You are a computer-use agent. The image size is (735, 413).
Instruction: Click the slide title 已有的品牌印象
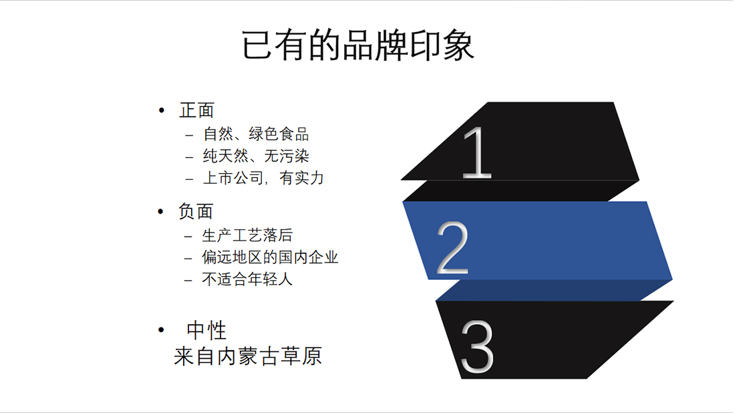357,45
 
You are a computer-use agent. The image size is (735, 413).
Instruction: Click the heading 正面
196,111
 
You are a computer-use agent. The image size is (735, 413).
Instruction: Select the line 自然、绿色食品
256,134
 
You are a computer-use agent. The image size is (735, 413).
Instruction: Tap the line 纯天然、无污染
256,156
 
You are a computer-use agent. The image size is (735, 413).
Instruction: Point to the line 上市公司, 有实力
263,178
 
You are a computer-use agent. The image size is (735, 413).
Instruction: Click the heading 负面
196,211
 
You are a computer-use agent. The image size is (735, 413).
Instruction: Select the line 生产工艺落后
247,235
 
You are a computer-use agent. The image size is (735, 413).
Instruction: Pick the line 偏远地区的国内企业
270,257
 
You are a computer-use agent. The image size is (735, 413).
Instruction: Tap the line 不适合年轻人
247,279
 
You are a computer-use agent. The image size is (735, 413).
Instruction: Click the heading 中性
206,331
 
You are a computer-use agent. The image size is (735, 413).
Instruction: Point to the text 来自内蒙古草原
248,356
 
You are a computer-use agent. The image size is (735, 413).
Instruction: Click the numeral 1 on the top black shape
477,152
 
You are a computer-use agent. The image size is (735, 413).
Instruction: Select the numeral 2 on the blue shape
452,248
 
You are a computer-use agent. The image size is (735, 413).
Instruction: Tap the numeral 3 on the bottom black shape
477,347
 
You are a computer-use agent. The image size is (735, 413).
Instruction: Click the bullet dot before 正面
162,111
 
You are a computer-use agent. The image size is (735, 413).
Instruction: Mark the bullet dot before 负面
161,211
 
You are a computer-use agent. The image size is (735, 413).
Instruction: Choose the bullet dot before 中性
161,330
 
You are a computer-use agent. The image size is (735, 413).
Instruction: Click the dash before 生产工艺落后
188,237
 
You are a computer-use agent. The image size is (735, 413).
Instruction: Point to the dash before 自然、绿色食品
189,136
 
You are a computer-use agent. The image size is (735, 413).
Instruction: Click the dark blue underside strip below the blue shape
553,290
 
